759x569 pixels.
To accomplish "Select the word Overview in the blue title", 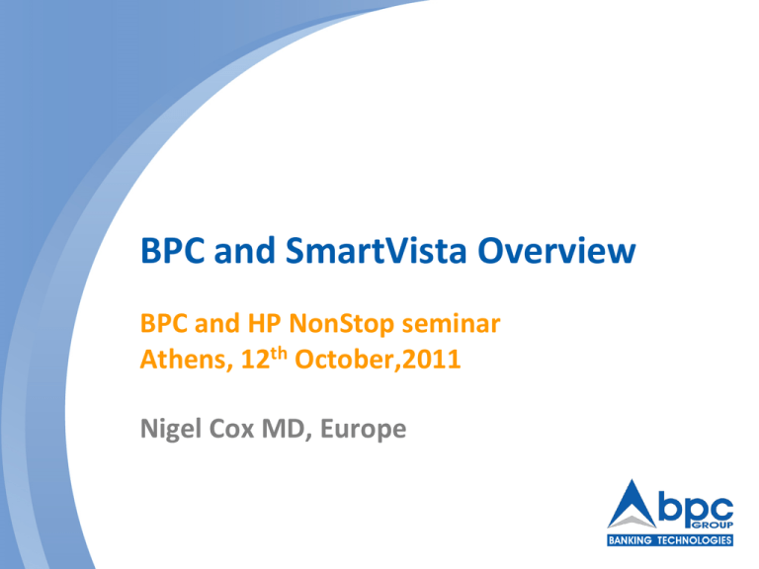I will tap(559, 256).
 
